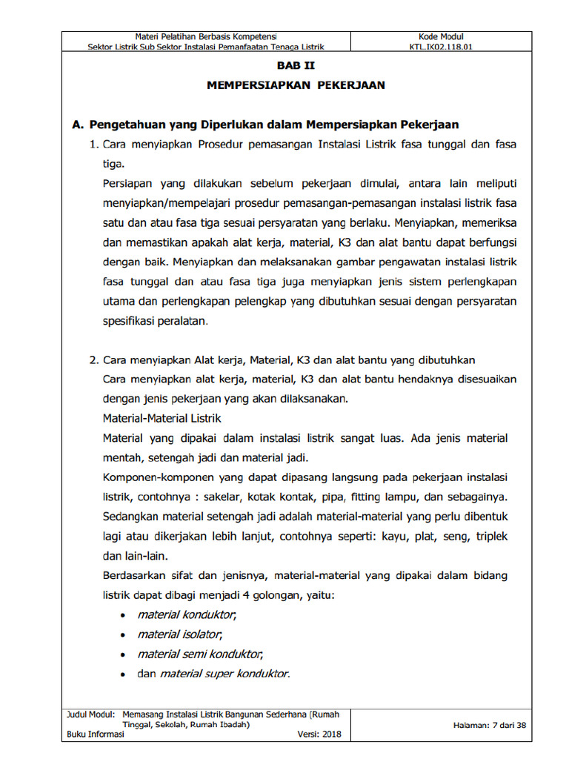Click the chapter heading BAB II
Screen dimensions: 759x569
pos(295,66)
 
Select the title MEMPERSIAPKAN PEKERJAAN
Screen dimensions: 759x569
pos(295,85)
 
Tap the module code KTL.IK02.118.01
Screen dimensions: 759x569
pos(441,46)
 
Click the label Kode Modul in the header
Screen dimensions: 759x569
pos(441,36)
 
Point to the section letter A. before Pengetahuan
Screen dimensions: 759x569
pos(77,125)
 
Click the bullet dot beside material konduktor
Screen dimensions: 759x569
pos(122,615)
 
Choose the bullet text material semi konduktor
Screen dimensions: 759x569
pos(200,654)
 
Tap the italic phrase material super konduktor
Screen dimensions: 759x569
pos(224,674)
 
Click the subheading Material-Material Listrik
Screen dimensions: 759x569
pos(162,418)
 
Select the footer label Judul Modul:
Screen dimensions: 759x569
pos(90,715)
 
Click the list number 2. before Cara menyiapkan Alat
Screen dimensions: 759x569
pos(94,360)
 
